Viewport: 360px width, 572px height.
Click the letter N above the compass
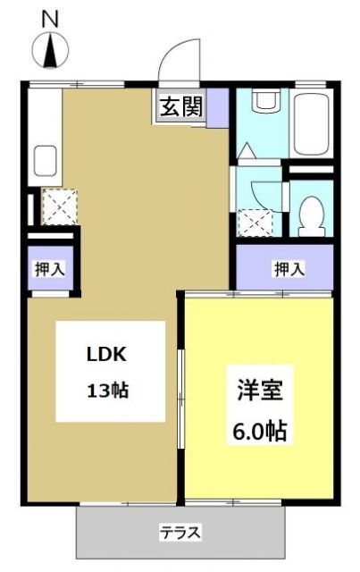pyautogui.click(x=50, y=17)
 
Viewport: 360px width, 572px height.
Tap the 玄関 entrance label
pyautogui.click(x=180, y=107)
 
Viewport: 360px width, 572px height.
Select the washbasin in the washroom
pyautogui.click(x=265, y=101)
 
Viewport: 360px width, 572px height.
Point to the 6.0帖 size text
pyautogui.click(x=260, y=430)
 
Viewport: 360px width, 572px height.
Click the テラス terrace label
pyautogui.click(x=180, y=534)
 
